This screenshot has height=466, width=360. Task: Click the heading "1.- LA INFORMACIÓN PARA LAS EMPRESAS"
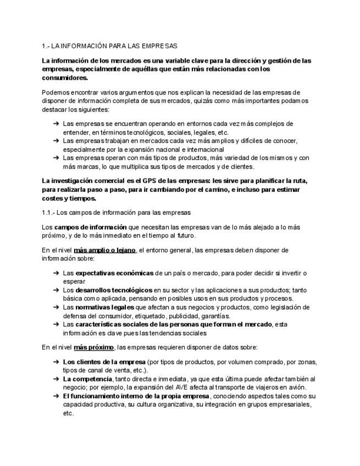[109, 46]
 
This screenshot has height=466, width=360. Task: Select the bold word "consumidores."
[65, 78]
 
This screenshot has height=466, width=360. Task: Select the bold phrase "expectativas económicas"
[115, 273]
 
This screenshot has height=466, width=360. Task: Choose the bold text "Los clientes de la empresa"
[104, 362]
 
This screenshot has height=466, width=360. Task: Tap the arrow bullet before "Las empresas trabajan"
[56, 141]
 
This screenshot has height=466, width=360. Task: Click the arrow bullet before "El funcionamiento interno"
[56, 396]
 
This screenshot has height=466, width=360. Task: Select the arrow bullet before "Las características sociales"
[56, 324]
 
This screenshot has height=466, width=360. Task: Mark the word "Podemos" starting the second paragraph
[56, 92]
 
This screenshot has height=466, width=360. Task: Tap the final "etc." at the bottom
[68, 413]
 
